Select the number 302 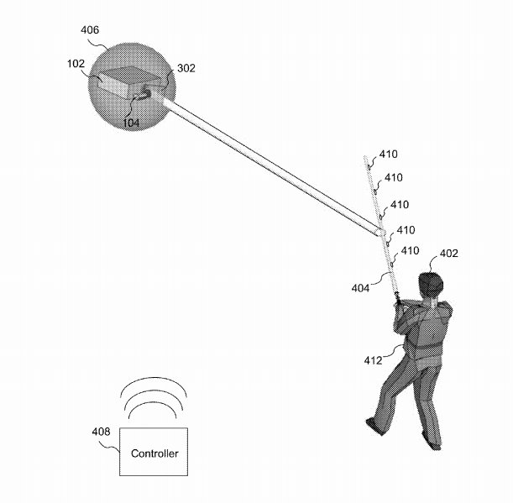(186, 69)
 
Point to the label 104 (131, 123)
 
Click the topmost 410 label (389, 155)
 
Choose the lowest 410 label (410, 250)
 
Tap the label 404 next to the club (360, 288)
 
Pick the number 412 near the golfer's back (373, 360)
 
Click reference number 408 (100, 432)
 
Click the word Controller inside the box (154, 453)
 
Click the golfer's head (430, 283)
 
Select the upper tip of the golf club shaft (366, 157)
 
